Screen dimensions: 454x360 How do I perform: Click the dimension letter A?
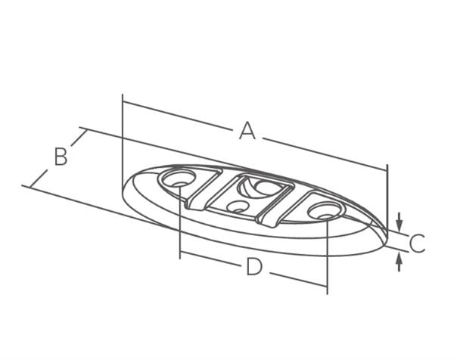(x=247, y=131)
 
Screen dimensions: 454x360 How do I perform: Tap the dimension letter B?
(x=61, y=157)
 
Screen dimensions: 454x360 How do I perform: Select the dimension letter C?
(x=417, y=243)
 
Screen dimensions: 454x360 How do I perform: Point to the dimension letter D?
(x=254, y=267)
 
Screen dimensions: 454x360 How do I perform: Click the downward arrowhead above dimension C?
(x=399, y=222)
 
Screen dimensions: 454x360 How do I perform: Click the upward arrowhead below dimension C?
(x=399, y=262)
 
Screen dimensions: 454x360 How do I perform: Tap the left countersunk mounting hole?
(x=178, y=178)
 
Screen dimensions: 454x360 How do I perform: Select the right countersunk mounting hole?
(x=325, y=211)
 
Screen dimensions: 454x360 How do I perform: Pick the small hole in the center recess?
(x=238, y=206)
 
